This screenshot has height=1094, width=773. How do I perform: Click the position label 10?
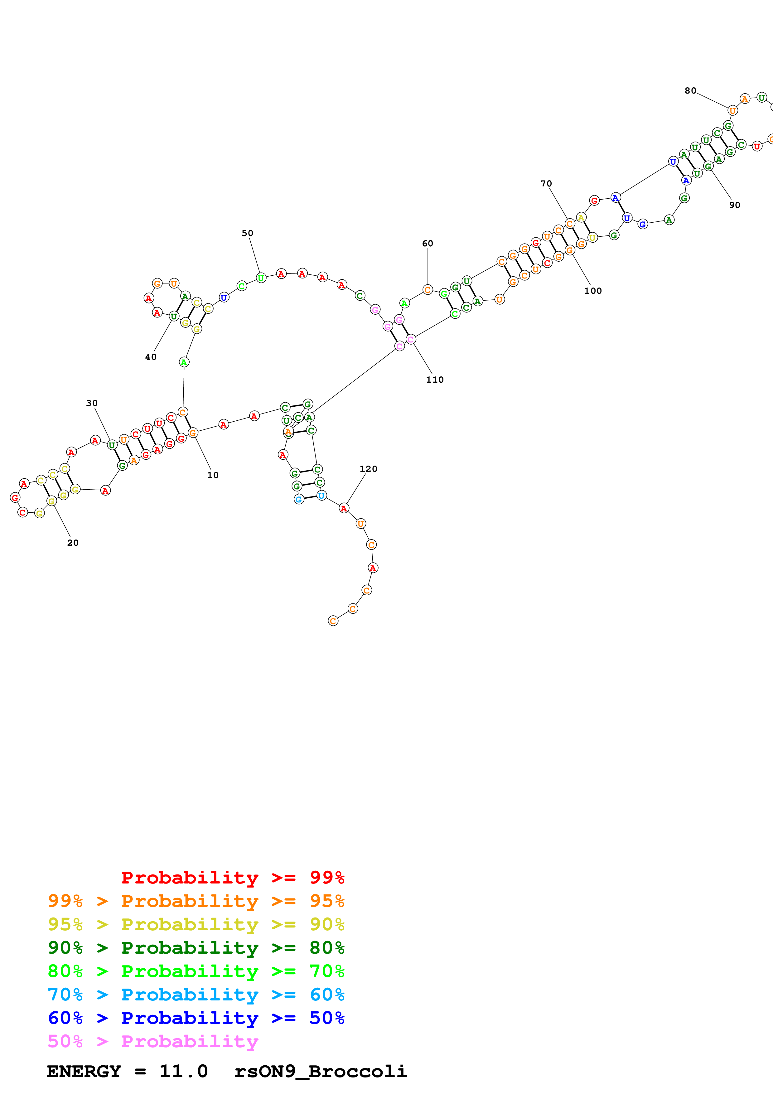pyautogui.click(x=213, y=475)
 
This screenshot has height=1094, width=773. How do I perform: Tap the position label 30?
pyautogui.click(x=92, y=403)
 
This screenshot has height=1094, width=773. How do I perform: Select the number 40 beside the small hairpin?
pyautogui.click(x=151, y=357)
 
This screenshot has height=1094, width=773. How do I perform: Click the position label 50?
pyautogui.click(x=248, y=233)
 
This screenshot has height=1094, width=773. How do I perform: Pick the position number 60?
pyautogui.click(x=428, y=244)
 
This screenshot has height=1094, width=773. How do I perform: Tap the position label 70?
pyautogui.click(x=546, y=183)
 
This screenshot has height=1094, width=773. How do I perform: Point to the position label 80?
pyautogui.click(x=691, y=90)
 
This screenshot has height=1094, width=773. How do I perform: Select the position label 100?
pyautogui.click(x=593, y=291)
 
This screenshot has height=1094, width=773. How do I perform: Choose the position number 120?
pyautogui.click(x=369, y=469)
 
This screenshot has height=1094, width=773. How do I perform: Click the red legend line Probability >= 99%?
pyautogui.click(x=232, y=877)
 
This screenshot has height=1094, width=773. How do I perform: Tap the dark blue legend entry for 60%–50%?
pyautogui.click(x=196, y=1018)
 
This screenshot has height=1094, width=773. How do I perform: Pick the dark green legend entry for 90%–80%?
pyautogui.click(x=196, y=948)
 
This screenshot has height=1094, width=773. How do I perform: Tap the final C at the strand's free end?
pyautogui.click(x=333, y=621)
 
